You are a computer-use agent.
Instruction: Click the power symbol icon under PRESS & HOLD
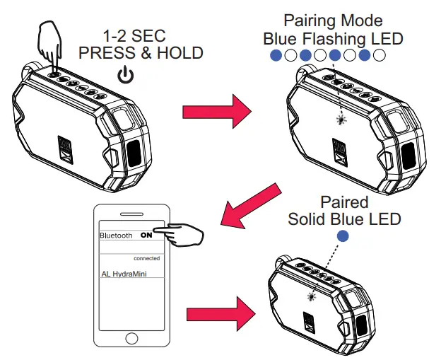(124, 74)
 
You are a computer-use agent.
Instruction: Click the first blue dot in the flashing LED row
(276, 54)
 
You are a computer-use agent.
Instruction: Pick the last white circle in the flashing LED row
(379, 54)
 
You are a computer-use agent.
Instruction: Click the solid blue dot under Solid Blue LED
(343, 236)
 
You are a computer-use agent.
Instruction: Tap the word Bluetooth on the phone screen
(116, 236)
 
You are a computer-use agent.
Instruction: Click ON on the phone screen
(146, 235)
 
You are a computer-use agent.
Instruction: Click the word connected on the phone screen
(146, 258)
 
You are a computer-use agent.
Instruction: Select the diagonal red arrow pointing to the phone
(247, 202)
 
